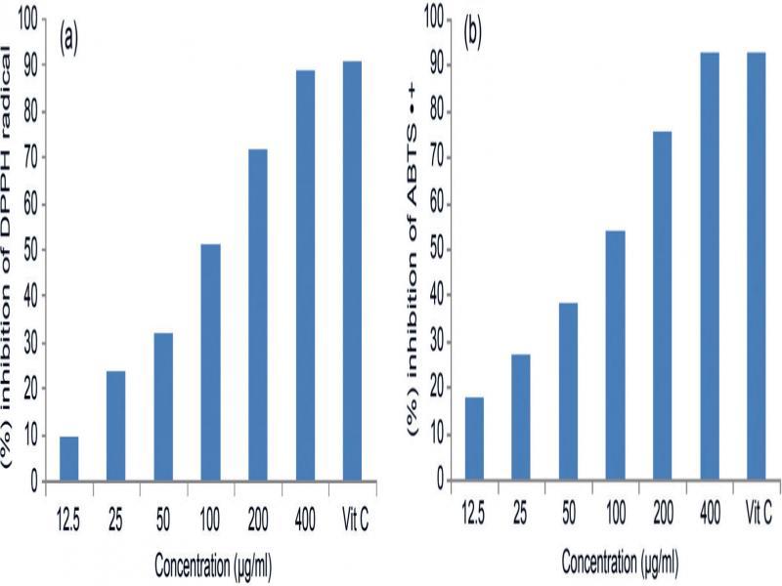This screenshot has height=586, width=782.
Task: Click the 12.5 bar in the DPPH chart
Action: pos(68,458)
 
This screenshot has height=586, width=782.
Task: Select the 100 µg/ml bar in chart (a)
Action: pos(210,362)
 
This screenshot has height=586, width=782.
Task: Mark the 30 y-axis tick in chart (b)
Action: pos(435,342)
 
